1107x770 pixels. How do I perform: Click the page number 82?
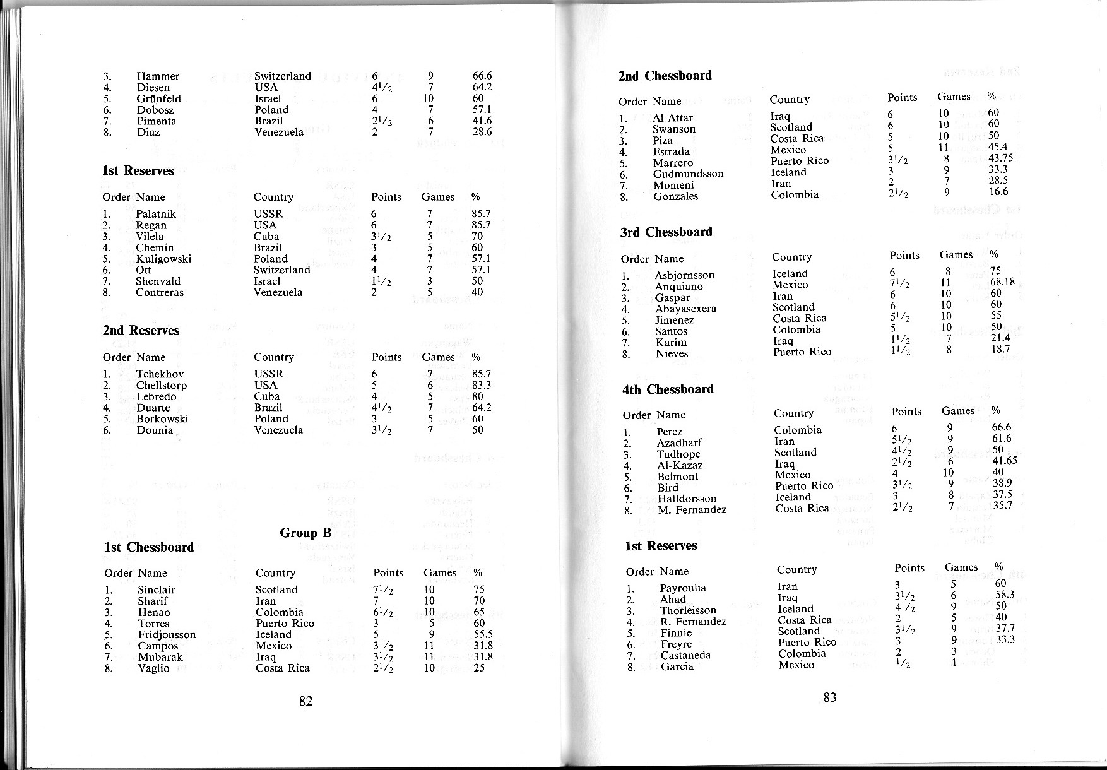pos(306,701)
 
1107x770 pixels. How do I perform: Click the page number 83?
pos(830,697)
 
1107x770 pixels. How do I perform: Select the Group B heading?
pos(305,533)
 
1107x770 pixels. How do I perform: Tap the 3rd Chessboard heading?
pos(666,232)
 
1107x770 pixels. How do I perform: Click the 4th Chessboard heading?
pos(668,389)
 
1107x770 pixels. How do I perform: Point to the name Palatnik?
pos(156,214)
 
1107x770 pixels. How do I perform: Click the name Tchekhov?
pos(160,374)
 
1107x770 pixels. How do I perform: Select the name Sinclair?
pos(157,589)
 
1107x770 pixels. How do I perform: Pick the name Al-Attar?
pos(673,117)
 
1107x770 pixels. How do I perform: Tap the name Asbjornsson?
pos(685,275)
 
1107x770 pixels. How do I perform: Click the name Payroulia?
pos(683,588)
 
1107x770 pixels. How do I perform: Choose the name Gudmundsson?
pos(688,174)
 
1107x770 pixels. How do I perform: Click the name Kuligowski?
pos(163,259)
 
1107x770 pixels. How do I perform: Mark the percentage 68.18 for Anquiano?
pos(1002,281)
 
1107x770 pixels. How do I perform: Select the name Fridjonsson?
pos(167,634)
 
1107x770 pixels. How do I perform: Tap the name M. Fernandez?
pos(692,509)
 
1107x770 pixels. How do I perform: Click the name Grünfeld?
pos(158,98)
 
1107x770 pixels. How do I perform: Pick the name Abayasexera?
pos(685,309)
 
